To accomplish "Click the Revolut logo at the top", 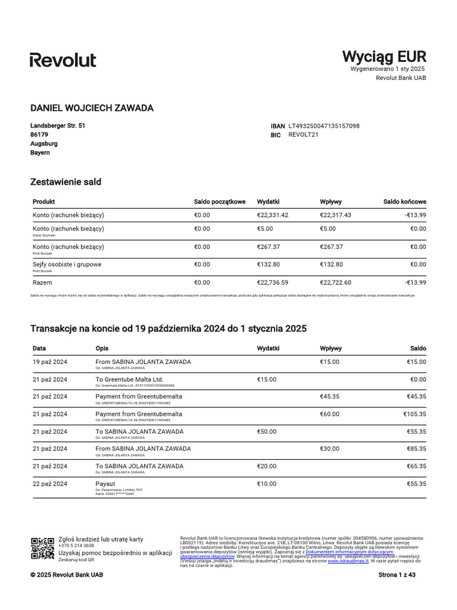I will (x=63, y=60).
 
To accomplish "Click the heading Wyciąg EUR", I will (x=384, y=57).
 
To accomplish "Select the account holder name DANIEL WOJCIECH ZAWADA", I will (x=92, y=108).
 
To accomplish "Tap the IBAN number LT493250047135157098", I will (x=324, y=126).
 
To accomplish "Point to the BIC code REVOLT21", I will (x=303, y=135).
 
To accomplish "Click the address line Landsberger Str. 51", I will (x=58, y=126).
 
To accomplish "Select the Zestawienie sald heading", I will (x=65, y=182).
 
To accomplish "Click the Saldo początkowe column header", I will (x=220, y=202).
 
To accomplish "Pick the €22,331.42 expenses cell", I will (x=273, y=215).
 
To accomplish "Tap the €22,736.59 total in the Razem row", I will (x=273, y=282).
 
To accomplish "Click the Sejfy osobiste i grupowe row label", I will (x=67, y=264).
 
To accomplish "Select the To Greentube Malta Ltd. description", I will (x=129, y=379).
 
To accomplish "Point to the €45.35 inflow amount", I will (x=330, y=396).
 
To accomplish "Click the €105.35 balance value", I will (x=415, y=413).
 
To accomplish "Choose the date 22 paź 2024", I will (x=50, y=483).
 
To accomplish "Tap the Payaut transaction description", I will (x=106, y=483).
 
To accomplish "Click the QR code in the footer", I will (x=42, y=548).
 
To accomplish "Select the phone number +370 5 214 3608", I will (x=76, y=546).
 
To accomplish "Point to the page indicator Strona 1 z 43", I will (x=402, y=575).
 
